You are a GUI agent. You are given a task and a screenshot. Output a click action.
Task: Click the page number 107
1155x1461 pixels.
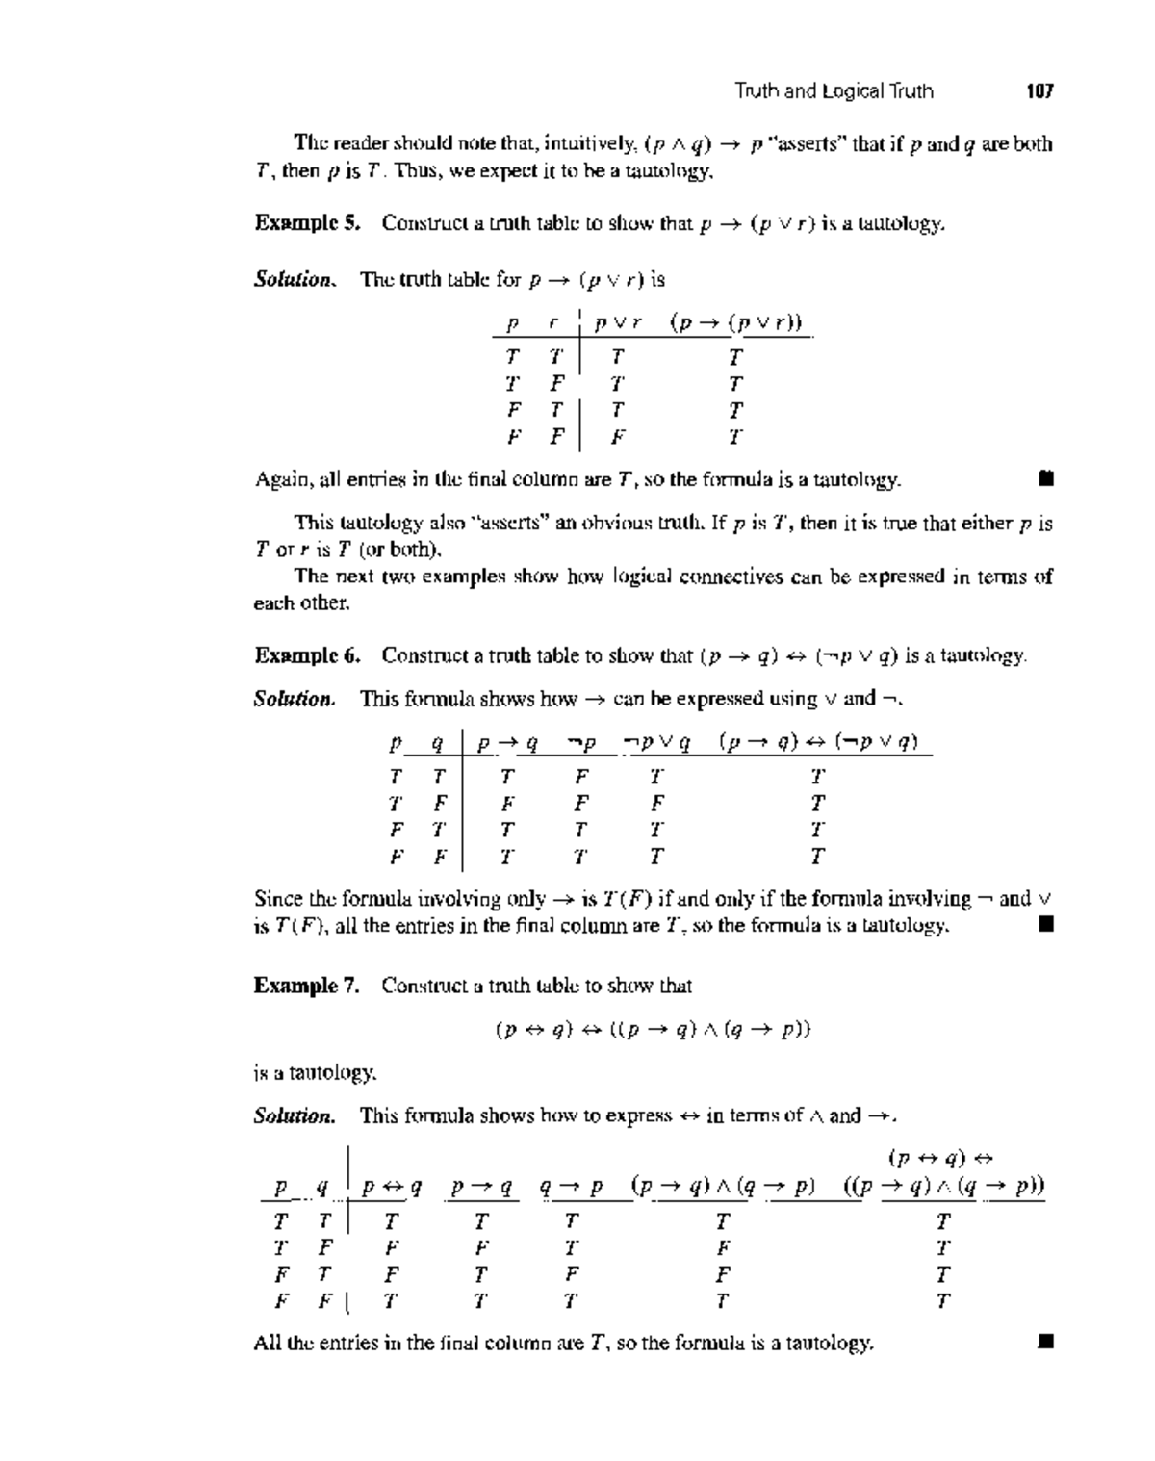(x=1039, y=91)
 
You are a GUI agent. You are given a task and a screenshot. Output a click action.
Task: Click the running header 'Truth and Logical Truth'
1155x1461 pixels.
(x=834, y=91)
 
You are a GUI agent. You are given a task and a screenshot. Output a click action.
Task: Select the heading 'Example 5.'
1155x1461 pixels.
(x=307, y=223)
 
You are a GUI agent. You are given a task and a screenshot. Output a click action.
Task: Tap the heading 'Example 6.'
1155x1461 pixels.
(x=307, y=655)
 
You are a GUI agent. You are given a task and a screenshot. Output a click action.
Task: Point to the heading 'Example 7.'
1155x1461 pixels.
(x=307, y=986)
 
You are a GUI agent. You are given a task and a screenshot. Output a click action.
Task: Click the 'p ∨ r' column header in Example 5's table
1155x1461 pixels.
(x=618, y=323)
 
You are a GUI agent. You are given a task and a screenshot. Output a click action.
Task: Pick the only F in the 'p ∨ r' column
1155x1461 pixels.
(x=618, y=437)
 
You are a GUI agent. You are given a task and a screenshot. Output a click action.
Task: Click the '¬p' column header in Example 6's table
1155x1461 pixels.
(x=581, y=742)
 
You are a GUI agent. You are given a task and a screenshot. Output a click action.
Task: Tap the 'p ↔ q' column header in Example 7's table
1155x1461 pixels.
(x=391, y=1187)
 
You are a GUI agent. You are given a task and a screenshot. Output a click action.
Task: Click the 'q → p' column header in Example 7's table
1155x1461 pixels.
(x=571, y=1187)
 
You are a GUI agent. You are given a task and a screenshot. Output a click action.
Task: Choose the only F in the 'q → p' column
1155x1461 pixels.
(x=572, y=1274)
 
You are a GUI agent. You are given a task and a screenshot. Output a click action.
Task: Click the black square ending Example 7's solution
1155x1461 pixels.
(x=1046, y=1341)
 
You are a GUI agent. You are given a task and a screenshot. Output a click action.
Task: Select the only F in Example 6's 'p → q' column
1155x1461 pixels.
(x=507, y=803)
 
